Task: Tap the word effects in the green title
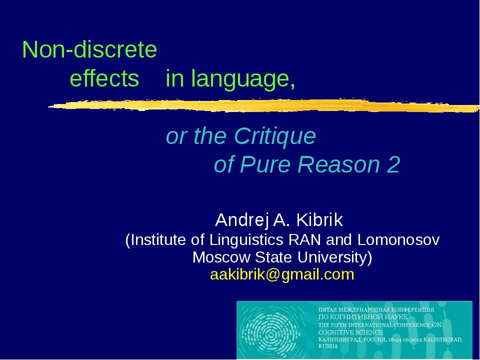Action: [x=104, y=79]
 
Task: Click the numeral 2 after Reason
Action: [x=393, y=165]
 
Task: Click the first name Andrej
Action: [x=237, y=219]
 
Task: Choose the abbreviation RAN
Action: [x=305, y=240]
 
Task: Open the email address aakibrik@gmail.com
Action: [x=282, y=274]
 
